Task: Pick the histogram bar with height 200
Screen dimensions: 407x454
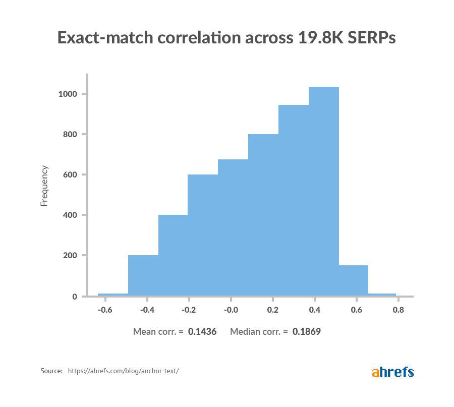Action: pyautogui.click(x=143, y=274)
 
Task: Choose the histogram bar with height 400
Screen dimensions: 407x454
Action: pyautogui.click(x=173, y=254)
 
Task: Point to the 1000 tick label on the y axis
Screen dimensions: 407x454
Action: pyautogui.click(x=68, y=94)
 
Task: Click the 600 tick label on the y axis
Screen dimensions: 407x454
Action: pyautogui.click(x=70, y=175)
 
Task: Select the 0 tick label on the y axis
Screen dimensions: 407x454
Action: pyautogui.click(x=74, y=297)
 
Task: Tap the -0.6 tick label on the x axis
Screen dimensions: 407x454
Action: pyautogui.click(x=105, y=310)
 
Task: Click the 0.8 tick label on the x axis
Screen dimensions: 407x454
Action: pyautogui.click(x=398, y=310)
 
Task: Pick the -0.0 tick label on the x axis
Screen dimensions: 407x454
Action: pyautogui.click(x=231, y=310)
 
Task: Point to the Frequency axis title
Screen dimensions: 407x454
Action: pyautogui.click(x=44, y=186)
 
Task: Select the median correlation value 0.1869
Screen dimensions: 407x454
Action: pyautogui.click(x=307, y=331)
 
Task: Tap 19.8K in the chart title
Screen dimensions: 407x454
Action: pyautogui.click(x=314, y=38)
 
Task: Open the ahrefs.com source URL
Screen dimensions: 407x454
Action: pyautogui.click(x=123, y=371)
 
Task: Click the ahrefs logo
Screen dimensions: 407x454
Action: pyautogui.click(x=393, y=372)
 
